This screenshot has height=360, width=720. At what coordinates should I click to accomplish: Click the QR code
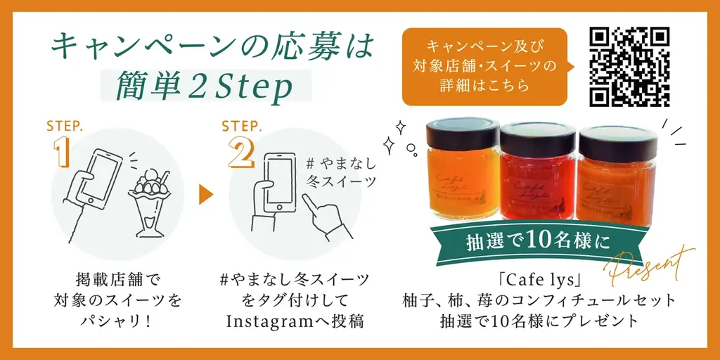pos(629,67)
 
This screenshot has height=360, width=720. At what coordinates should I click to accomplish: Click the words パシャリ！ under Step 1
pos(117,321)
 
